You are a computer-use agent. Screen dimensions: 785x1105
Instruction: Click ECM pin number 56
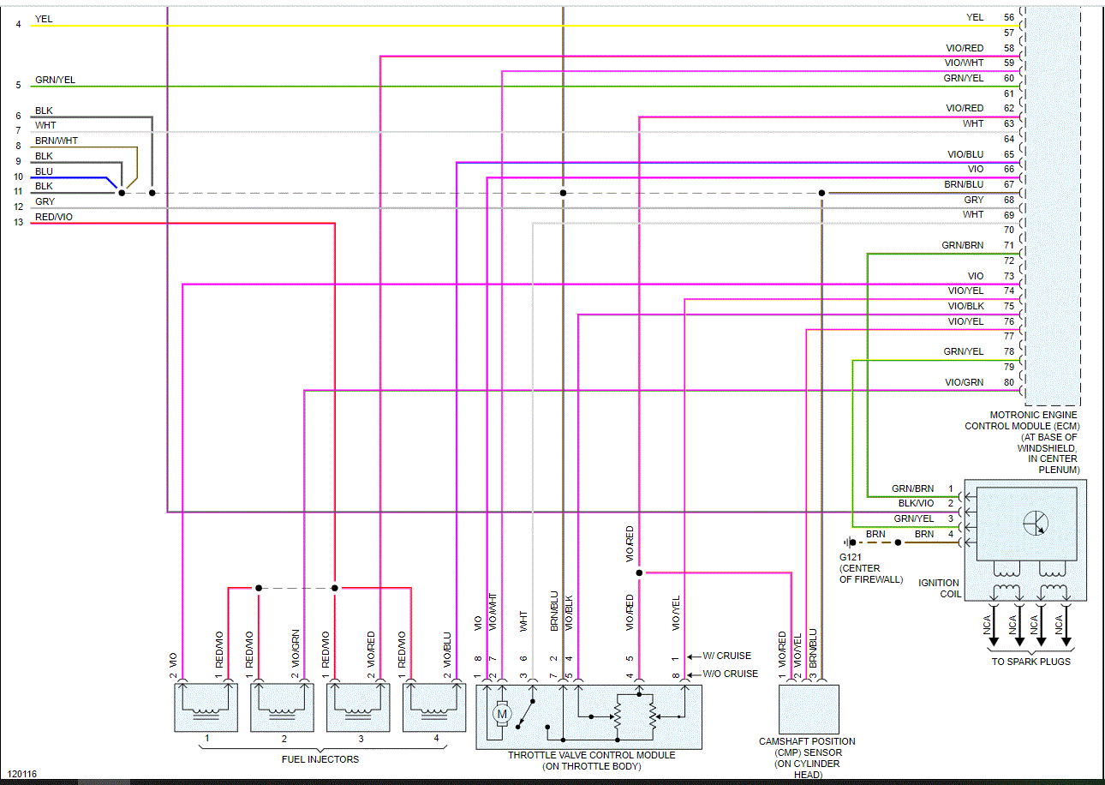pyautogui.click(x=1008, y=17)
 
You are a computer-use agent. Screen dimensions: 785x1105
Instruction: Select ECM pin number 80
pyautogui.click(x=1008, y=382)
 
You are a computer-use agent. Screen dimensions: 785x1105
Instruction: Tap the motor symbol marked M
pyautogui.click(x=503, y=714)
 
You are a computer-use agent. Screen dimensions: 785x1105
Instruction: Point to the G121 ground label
pyautogui.click(x=851, y=557)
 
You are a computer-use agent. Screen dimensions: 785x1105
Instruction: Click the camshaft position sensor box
pyautogui.click(x=809, y=709)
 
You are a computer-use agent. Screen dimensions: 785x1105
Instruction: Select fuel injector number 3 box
pyautogui.click(x=360, y=707)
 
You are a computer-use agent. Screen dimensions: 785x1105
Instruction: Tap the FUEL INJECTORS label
pyautogui.click(x=320, y=759)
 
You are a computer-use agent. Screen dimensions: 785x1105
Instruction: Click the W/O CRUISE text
pyautogui.click(x=730, y=674)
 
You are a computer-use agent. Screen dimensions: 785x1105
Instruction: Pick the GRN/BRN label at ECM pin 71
pyautogui.click(x=962, y=245)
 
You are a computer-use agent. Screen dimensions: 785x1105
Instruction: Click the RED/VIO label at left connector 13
pyautogui.click(x=54, y=218)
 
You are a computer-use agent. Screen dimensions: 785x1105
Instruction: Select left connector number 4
pyautogui.click(x=18, y=24)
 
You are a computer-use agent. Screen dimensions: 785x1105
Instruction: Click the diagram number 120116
pyautogui.click(x=20, y=775)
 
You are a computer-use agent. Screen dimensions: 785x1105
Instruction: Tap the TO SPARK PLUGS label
pyautogui.click(x=1030, y=662)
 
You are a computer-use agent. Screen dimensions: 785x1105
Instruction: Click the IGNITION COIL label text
pyautogui.click(x=939, y=589)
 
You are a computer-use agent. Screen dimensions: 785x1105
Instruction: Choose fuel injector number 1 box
pyautogui.click(x=206, y=707)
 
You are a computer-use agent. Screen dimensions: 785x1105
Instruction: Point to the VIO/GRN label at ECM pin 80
pyautogui.click(x=964, y=382)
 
